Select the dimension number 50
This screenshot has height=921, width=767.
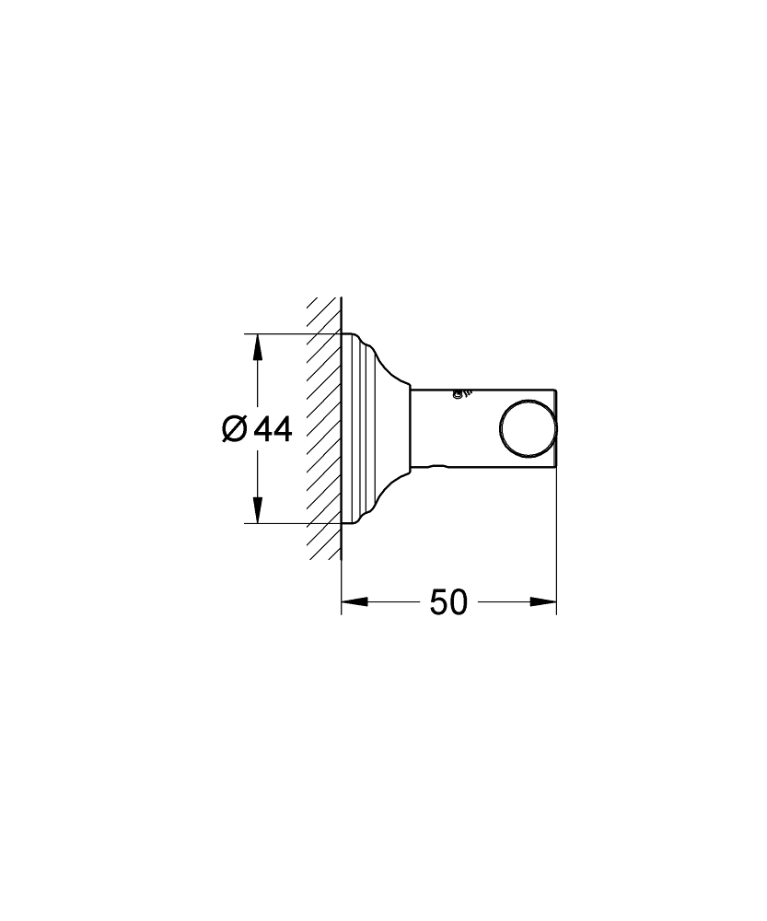tap(448, 603)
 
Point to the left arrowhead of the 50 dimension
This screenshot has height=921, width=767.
tap(354, 603)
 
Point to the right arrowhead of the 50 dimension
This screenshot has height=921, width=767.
tap(544, 603)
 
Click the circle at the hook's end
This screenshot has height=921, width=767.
tap(528, 428)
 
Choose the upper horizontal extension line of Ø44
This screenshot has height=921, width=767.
tap(276, 333)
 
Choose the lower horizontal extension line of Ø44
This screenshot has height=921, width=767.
tap(276, 523)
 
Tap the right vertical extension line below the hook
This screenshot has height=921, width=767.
tap(557, 534)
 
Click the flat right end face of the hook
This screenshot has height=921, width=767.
tap(557, 428)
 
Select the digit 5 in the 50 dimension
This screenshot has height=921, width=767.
tap(438, 603)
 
